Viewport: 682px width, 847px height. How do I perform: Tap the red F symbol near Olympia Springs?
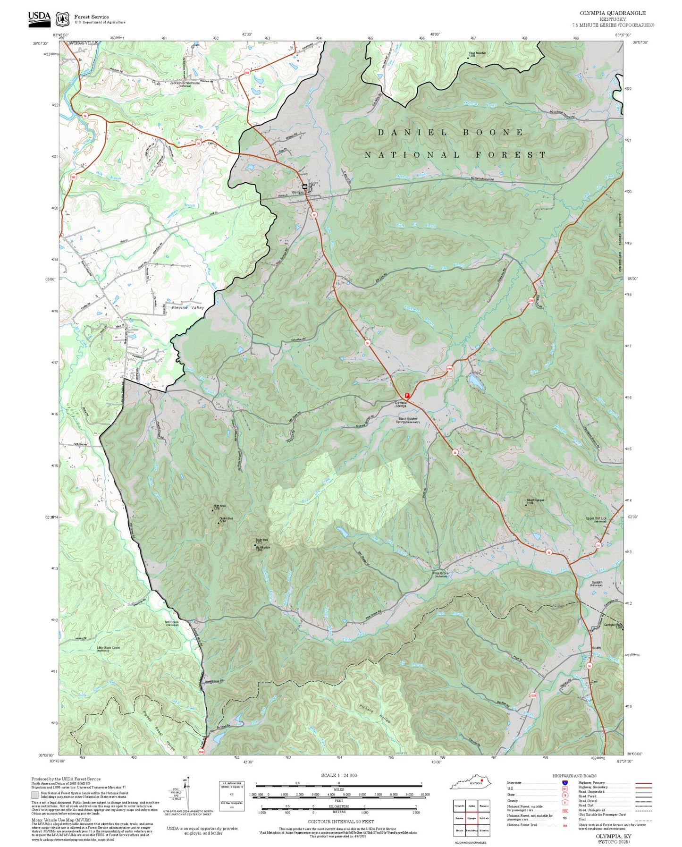coord(407,395)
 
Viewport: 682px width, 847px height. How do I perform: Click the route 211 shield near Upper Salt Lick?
coord(598,546)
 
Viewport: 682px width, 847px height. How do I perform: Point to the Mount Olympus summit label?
coord(535,500)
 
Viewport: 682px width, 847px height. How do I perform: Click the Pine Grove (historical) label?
coord(440,574)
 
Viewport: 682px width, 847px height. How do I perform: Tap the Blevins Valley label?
coord(188,307)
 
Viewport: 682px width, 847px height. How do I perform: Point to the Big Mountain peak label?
coord(262,548)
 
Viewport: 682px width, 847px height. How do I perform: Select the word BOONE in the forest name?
coord(493,133)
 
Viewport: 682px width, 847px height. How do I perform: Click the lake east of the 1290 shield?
coord(476,383)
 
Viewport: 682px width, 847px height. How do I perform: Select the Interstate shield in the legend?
coord(564,783)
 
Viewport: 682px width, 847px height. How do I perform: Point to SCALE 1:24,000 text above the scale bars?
coord(338,775)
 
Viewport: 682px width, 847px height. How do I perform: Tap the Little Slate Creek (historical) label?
coord(108,649)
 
